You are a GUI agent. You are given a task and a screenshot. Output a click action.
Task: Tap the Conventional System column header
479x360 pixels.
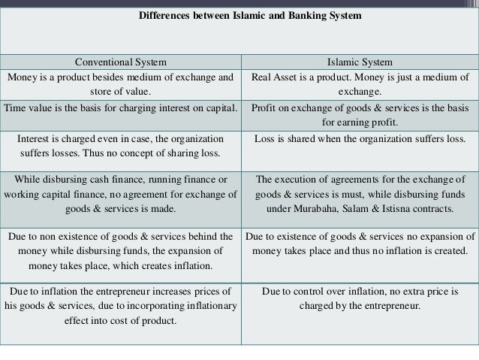pyautogui.click(x=121, y=62)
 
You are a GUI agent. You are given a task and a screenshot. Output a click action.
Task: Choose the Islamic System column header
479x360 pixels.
pyautogui.click(x=360, y=62)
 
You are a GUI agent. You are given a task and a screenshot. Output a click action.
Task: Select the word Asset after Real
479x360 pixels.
pyautogui.click(x=295, y=77)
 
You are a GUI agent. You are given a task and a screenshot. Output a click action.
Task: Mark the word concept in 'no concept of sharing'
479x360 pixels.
pyautogui.click(x=144, y=153)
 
